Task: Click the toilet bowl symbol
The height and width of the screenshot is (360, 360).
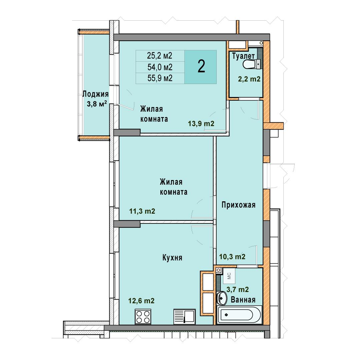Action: tap(251, 64)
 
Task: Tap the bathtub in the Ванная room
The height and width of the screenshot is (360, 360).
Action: tap(239, 315)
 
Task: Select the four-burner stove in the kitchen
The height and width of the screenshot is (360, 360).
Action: tap(143, 316)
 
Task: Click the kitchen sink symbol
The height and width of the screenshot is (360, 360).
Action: tap(185, 316)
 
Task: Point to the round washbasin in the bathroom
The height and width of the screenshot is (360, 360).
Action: tap(222, 298)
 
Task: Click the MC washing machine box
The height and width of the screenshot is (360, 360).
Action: tap(229, 276)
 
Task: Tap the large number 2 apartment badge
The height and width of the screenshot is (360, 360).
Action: tap(201, 67)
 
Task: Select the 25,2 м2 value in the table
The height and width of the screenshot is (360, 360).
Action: tap(160, 56)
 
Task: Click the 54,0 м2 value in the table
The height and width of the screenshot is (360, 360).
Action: tap(160, 67)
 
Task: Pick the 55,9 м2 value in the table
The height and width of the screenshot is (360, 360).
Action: tap(160, 78)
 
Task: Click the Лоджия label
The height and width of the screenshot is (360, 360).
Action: tap(95, 94)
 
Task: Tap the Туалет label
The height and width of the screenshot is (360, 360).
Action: tap(243, 56)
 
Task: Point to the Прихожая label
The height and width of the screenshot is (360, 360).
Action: tap(238, 205)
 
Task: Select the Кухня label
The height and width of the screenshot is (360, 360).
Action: tap(172, 258)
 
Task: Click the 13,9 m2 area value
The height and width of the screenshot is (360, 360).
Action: tap(201, 124)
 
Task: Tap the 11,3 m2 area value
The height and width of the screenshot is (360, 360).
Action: tap(142, 211)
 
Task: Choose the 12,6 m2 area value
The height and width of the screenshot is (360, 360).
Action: tap(141, 301)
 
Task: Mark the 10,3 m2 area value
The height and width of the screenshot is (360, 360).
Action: tap(232, 256)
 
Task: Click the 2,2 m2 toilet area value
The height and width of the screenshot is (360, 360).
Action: tap(249, 79)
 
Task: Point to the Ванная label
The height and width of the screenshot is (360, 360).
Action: tap(243, 300)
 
